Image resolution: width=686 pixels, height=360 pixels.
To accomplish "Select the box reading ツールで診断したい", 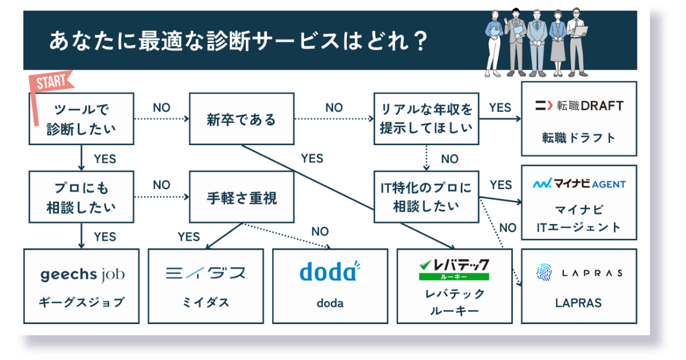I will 81,119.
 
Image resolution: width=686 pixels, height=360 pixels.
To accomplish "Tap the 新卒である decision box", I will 241,119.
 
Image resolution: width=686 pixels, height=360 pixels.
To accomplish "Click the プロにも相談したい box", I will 81,197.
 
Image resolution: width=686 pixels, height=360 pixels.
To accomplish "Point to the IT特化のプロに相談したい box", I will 426,197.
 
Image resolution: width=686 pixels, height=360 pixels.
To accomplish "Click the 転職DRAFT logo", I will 579,106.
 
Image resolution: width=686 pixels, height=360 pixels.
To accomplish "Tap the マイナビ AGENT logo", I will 579,184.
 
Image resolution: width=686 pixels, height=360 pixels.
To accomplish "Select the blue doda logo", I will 330,271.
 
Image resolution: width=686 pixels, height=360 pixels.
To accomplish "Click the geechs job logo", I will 82,275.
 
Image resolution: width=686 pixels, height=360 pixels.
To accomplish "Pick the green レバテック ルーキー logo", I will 454,269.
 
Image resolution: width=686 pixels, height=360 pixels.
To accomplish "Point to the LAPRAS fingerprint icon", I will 544,273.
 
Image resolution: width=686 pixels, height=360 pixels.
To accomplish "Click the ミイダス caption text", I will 205,303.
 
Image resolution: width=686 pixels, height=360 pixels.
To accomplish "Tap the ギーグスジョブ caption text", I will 82,303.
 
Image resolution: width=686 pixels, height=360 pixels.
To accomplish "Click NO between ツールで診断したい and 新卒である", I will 162,107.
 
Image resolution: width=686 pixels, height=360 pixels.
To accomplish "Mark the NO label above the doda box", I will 320,231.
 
